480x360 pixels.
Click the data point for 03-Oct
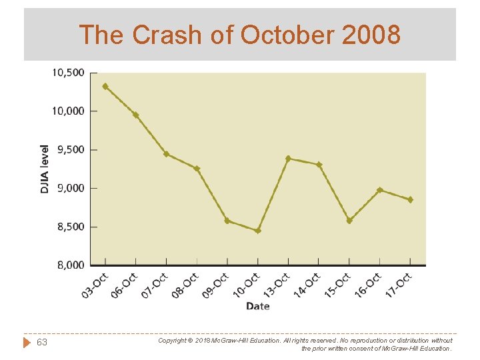click(105, 86)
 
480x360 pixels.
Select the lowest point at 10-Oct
click(258, 231)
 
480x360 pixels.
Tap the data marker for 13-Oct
click(288, 159)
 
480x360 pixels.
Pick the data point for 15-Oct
click(349, 221)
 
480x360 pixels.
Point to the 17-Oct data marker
click(410, 199)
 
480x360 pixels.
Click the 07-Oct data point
click(166, 154)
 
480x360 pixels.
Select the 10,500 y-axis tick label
click(68, 73)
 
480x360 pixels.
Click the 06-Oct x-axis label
click(125, 285)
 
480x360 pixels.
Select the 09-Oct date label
click(216, 285)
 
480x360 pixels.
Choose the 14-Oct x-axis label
click(307, 285)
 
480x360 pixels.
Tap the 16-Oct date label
click(368, 285)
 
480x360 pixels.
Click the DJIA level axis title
click(44, 169)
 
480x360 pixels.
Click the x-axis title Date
click(258, 306)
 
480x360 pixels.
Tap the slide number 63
click(42, 343)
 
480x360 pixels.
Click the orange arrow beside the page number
click(27, 343)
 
